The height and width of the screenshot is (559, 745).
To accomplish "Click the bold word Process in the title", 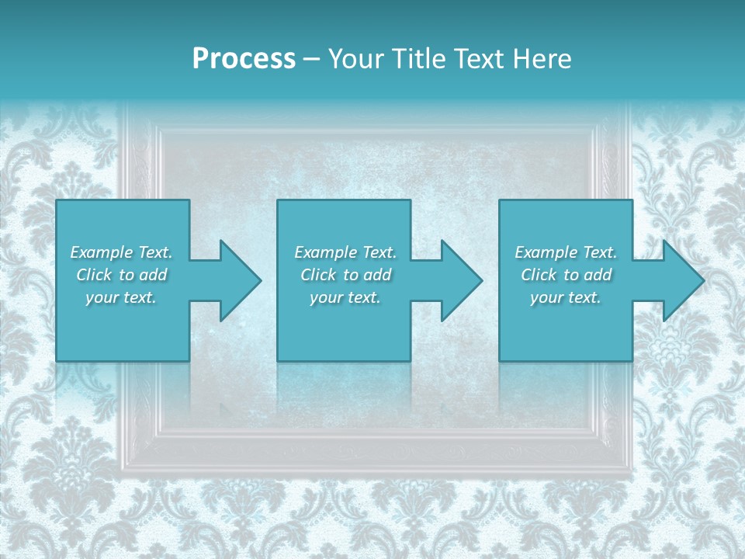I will pyautogui.click(x=244, y=59).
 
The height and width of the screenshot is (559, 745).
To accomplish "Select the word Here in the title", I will pyautogui.click(x=542, y=59).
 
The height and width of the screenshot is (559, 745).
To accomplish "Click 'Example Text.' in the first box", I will pyautogui.click(x=121, y=252).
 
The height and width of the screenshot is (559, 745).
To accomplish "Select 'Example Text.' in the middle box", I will pyautogui.click(x=345, y=252).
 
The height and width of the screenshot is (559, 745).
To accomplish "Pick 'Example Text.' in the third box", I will pyautogui.click(x=566, y=252).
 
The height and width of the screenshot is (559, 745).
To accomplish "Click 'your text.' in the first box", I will pyautogui.click(x=121, y=297).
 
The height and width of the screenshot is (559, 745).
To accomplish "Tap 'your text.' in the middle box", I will pyautogui.click(x=345, y=297).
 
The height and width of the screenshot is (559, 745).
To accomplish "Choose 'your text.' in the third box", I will pyautogui.click(x=566, y=297).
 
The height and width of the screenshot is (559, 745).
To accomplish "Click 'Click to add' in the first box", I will pyautogui.click(x=121, y=275).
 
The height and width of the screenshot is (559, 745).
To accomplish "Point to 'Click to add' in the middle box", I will pyautogui.click(x=345, y=275).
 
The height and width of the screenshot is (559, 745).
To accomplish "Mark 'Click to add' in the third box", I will pyautogui.click(x=566, y=275).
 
